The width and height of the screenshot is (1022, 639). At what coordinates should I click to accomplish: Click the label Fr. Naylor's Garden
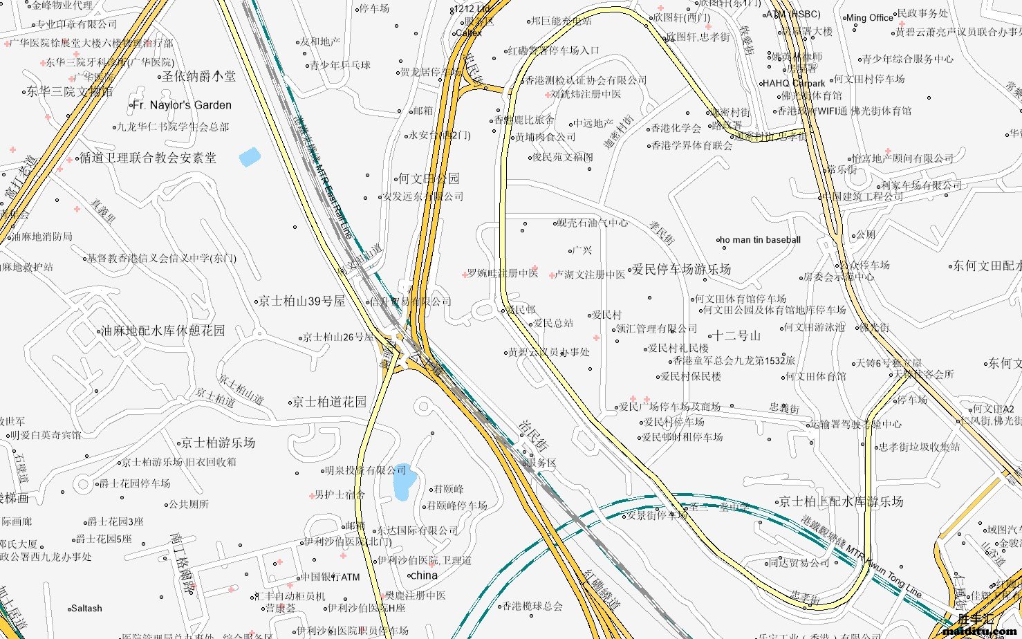(x=182, y=105)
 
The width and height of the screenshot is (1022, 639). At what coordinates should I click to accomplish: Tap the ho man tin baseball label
(x=760, y=240)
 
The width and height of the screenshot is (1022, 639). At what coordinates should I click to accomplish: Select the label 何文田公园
(x=429, y=179)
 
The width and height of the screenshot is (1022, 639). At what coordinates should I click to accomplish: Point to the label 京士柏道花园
(x=329, y=402)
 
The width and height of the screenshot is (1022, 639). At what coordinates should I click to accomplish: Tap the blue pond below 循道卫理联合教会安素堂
(x=250, y=157)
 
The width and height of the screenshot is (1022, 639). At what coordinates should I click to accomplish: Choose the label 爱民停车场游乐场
(x=682, y=269)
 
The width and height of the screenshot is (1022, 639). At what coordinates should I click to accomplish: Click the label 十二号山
(x=736, y=336)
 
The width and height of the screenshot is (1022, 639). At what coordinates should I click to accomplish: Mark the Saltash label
(x=86, y=609)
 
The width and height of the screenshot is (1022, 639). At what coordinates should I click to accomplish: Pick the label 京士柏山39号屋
(x=301, y=302)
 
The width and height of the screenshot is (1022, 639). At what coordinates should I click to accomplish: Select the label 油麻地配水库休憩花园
(x=163, y=331)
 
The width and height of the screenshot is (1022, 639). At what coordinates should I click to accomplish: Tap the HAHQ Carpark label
(x=794, y=84)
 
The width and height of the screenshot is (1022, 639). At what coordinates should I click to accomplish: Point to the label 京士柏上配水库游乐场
(x=841, y=501)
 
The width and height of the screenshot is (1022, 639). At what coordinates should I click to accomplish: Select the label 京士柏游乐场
(x=219, y=443)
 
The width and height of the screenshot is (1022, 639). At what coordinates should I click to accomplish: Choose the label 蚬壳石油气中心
(x=593, y=223)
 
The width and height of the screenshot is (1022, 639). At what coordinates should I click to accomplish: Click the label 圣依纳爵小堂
(x=198, y=76)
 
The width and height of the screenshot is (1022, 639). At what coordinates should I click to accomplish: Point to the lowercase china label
(x=424, y=575)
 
